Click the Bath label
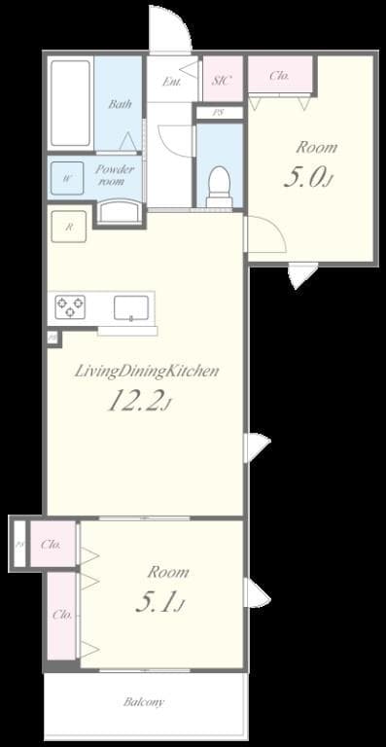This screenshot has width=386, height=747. (120, 104)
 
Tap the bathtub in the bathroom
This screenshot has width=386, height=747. (70, 105)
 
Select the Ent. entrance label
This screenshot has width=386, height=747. (172, 82)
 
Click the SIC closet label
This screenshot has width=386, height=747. (221, 81)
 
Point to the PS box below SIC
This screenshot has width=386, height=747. (219, 113)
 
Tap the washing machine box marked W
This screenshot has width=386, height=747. (67, 178)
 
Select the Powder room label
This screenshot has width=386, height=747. (115, 175)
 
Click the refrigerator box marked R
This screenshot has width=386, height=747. (68, 227)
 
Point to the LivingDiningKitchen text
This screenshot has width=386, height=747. (146, 371)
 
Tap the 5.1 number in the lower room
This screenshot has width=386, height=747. (158, 604)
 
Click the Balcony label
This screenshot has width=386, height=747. (144, 701)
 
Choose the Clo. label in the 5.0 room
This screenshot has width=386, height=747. (279, 76)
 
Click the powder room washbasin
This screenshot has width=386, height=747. (120, 212)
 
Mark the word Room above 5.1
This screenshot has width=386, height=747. (167, 572)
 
